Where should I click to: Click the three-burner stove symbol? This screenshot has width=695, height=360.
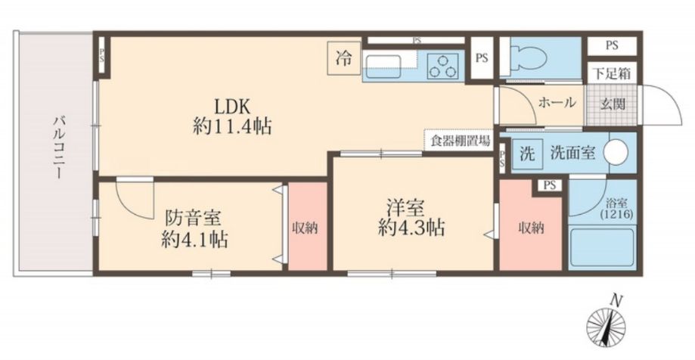443,65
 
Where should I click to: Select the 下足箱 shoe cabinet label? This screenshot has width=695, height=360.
613,74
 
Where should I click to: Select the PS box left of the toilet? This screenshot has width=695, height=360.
482,57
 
